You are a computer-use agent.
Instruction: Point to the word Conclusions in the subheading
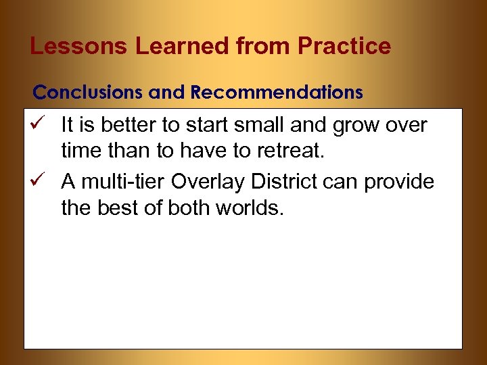point(88,92)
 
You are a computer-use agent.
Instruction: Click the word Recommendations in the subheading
point(277,92)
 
